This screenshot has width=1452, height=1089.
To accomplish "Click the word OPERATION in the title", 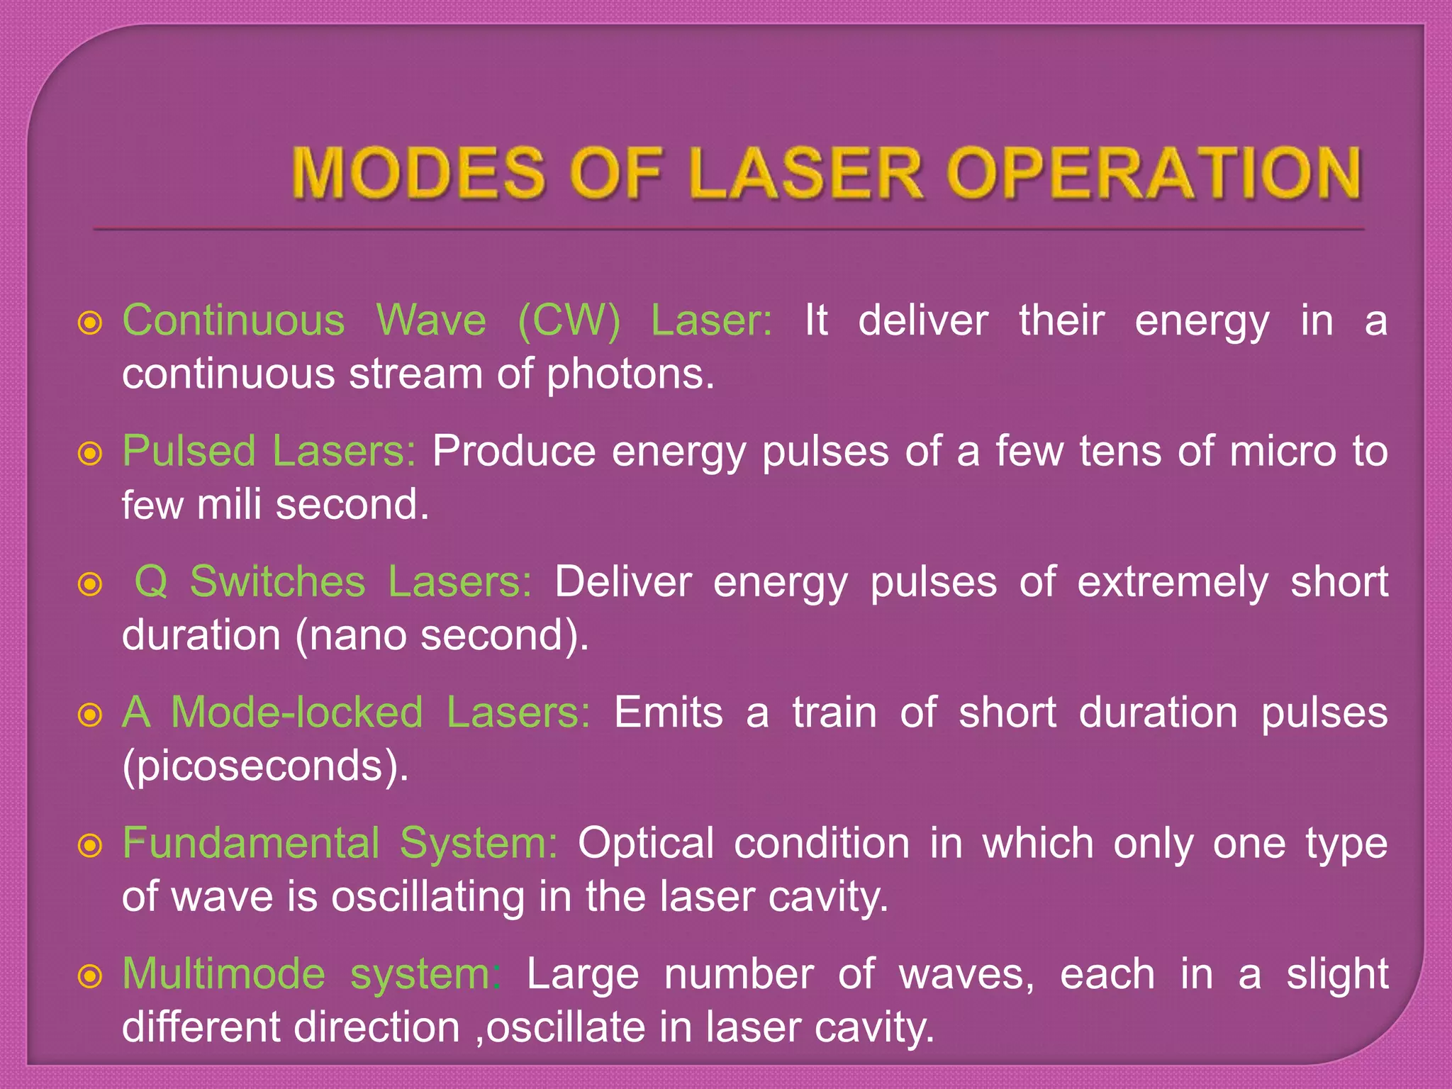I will (1154, 172).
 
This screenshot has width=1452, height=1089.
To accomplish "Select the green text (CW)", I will (569, 320).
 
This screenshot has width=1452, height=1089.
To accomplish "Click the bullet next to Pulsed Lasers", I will (90, 454).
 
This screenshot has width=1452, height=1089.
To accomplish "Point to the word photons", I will (630, 374).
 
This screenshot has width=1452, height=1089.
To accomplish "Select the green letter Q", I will (151, 582).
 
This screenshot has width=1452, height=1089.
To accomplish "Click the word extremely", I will (1173, 582).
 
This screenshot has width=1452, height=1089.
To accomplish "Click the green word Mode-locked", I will (297, 713).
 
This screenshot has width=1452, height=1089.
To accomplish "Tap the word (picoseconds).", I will (265, 766).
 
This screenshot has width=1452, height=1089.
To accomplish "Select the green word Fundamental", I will (251, 844).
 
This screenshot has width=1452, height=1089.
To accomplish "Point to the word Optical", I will (645, 844).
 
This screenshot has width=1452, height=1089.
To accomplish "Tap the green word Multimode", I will (223, 974).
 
